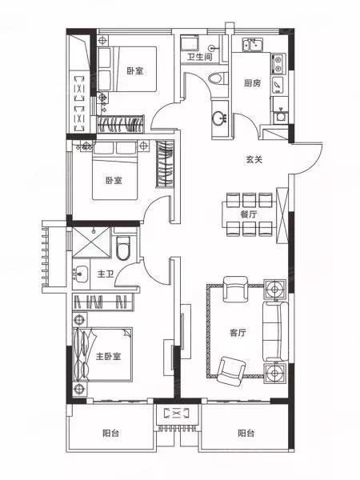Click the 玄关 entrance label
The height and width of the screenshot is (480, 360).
click(254, 159)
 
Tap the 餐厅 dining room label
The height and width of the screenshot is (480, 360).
click(248, 214)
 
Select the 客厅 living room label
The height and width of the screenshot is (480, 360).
click(238, 333)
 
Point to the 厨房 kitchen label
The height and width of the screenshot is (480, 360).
click(252, 83)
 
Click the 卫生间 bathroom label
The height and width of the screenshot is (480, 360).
click(199, 57)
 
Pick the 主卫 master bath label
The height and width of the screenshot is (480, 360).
click(106, 274)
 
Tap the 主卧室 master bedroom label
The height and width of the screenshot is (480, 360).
click(108, 356)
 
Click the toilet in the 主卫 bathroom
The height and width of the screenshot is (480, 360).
click(123, 247)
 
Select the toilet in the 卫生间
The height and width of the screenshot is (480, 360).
click(218, 78)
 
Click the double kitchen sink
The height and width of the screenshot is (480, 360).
click(253, 45)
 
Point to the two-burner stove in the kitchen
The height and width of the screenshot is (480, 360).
click(278, 64)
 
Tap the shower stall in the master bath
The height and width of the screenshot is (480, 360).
click(91, 242)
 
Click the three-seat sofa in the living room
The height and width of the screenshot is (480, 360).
click(275, 331)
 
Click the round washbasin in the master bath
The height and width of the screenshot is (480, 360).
click(80, 274)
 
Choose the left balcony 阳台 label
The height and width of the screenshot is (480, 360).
click(111, 433)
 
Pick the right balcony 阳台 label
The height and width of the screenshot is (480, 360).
click(246, 433)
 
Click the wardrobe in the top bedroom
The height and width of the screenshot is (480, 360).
click(120, 124)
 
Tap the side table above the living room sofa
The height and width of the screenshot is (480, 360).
click(275, 290)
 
